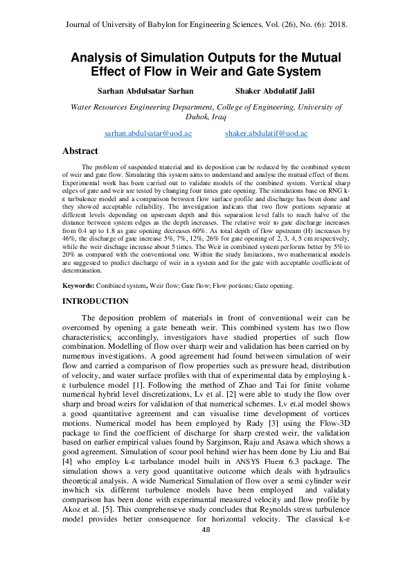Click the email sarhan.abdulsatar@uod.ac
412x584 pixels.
[147, 132]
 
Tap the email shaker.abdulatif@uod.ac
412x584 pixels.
[267, 132]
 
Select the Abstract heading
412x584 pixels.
[80, 151]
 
